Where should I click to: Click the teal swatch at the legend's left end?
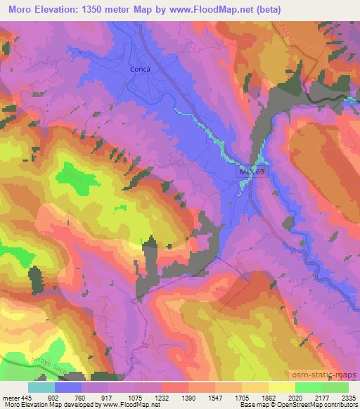pos(41,387)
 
